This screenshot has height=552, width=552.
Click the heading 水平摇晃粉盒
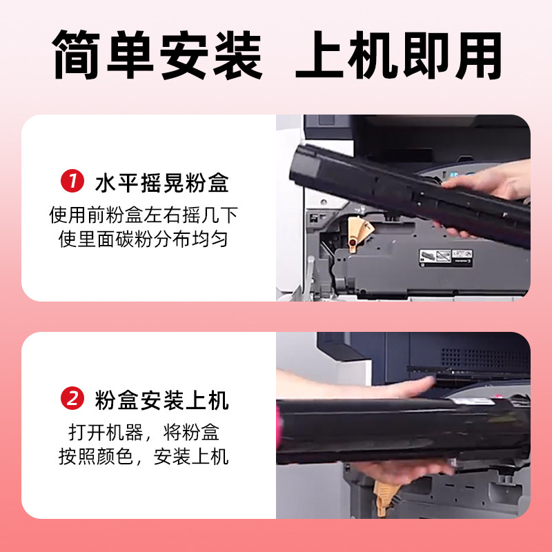[x=161, y=184]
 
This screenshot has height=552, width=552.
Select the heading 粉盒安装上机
[x=161, y=400]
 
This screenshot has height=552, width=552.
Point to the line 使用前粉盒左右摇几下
[x=144, y=215]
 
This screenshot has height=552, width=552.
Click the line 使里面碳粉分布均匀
[x=144, y=239]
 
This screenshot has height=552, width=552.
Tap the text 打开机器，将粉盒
[x=144, y=433]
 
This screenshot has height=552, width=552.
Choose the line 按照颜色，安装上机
[x=144, y=457]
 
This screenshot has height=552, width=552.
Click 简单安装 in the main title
[x=158, y=55]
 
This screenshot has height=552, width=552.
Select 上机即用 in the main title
[x=398, y=55]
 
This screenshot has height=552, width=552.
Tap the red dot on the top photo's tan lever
[x=354, y=241]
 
